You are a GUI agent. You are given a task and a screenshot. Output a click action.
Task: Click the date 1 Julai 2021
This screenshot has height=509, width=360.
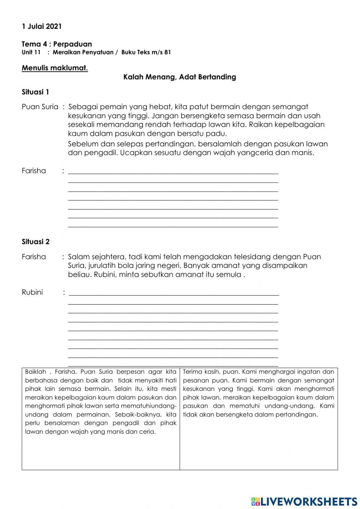click(x=41, y=26)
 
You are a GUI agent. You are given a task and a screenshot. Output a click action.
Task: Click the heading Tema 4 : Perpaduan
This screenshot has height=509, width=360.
click(x=57, y=44)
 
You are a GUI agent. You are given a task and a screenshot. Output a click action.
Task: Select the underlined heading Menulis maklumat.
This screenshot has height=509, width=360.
click(x=55, y=68)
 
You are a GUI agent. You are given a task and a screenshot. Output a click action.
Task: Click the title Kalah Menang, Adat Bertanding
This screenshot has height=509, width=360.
click(x=180, y=77)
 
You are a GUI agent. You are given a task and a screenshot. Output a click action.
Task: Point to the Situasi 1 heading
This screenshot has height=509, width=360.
click(x=35, y=92)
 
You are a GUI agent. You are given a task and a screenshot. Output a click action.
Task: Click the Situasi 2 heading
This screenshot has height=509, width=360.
click(x=35, y=242)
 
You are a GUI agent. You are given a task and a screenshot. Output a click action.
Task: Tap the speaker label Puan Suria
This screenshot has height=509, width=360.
click(x=40, y=107)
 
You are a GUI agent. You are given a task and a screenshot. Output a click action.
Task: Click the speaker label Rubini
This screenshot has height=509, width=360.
click(x=32, y=292)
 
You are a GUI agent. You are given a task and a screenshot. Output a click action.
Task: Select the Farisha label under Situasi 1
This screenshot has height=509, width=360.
click(x=33, y=171)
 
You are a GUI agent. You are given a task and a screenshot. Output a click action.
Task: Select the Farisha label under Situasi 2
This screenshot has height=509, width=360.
click(x=33, y=257)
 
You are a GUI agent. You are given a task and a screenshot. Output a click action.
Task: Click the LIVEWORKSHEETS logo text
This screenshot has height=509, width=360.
click(x=309, y=501)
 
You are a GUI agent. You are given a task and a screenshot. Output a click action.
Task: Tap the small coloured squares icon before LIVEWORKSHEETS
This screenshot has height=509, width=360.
click(x=256, y=501)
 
